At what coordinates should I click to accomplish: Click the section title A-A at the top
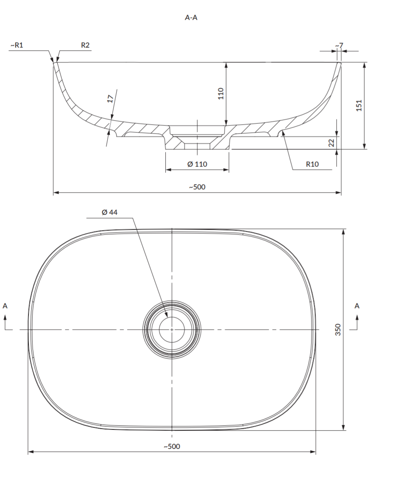pos(191,17)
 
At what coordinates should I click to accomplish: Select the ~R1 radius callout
pos(17,45)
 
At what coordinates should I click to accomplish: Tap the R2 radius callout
pos(85,45)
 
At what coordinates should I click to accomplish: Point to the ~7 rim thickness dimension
pos(339,45)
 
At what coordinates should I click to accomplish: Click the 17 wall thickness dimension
pos(111,99)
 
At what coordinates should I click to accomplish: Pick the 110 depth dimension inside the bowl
pos(221,93)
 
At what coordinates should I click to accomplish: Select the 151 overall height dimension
pos(359,105)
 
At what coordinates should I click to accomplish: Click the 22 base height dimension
pos(331,143)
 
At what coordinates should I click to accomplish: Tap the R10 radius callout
pos(312,164)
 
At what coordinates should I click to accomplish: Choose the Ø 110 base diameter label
pos(197,164)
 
